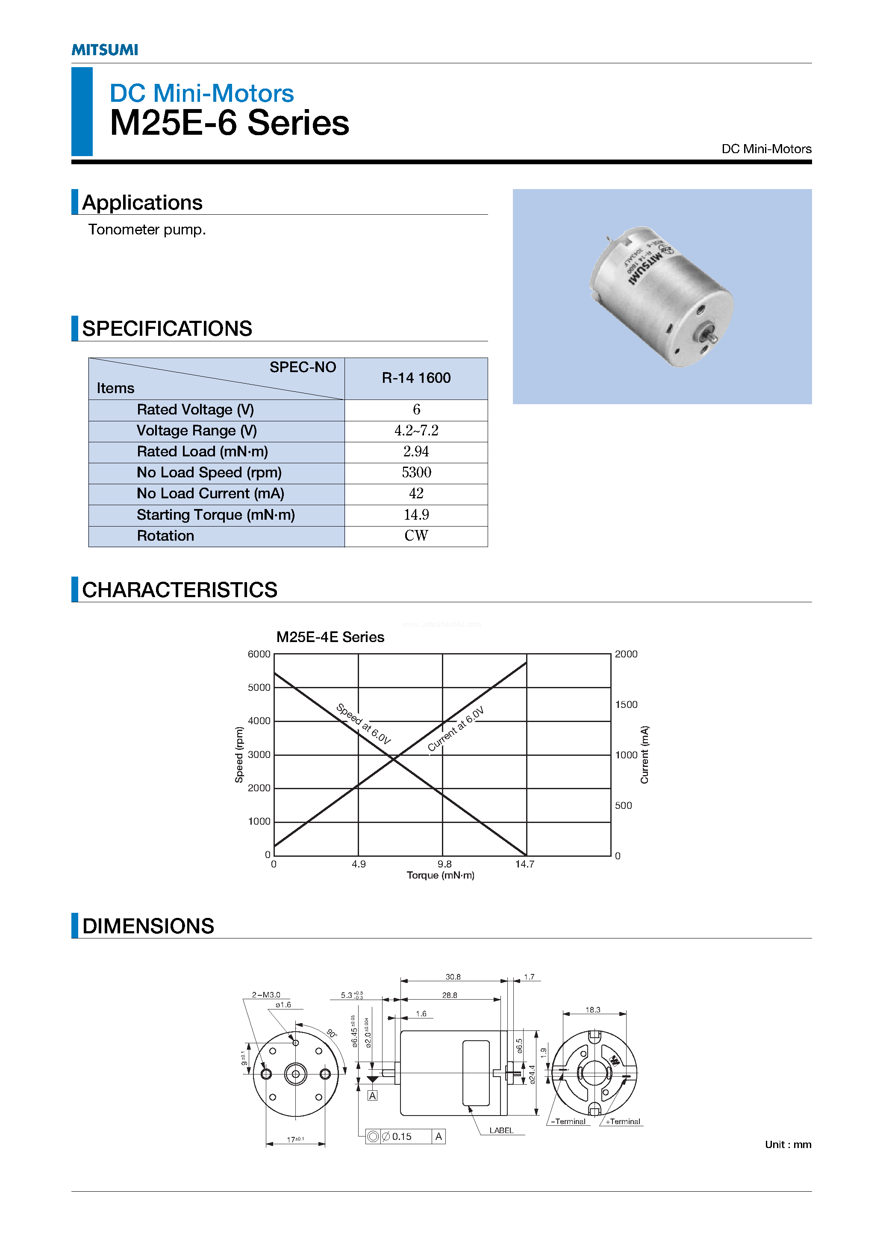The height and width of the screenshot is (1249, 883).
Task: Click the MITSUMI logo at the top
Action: point(105,50)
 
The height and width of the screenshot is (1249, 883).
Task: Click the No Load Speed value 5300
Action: point(416,472)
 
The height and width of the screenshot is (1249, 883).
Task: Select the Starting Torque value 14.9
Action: point(416,515)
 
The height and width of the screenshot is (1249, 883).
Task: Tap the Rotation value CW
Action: point(416,536)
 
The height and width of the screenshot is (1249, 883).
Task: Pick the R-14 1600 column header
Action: point(416,378)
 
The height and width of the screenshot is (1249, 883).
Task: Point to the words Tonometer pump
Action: point(147,230)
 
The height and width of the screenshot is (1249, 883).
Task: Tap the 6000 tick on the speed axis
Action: point(259,654)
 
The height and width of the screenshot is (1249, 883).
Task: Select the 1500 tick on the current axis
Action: point(626,704)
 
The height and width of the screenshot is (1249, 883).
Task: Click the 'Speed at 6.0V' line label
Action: point(363,723)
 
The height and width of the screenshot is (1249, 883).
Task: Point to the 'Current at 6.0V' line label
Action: point(456,729)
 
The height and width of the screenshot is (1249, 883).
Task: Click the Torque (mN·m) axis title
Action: point(440,875)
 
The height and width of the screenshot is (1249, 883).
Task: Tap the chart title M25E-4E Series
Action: point(330,637)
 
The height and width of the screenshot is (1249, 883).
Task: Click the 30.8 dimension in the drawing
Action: point(453,977)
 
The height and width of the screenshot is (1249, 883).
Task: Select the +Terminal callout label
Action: point(623,1122)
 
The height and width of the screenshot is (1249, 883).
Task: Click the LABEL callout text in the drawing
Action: point(501,1131)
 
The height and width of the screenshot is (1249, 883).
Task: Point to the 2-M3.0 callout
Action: point(266,995)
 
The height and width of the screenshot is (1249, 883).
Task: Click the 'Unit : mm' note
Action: point(788,1145)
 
